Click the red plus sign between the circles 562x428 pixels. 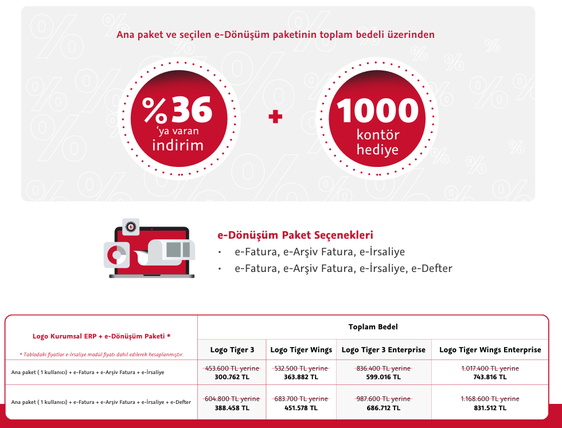(275, 116)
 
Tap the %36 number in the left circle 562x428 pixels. (177, 110)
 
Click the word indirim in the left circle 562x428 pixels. (178, 145)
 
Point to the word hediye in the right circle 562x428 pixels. (377, 149)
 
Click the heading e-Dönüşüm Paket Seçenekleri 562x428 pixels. (295, 235)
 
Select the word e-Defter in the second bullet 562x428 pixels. (431, 268)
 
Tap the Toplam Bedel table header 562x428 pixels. (373, 326)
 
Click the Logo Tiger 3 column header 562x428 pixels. (232, 350)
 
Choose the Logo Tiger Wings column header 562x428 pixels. (301, 350)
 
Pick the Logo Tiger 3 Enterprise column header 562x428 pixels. (384, 350)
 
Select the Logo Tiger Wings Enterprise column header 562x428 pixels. (490, 350)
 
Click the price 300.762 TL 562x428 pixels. (232, 377)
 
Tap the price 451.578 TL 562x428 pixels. (301, 408)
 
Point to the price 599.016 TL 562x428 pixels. (384, 377)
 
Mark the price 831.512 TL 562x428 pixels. (490, 408)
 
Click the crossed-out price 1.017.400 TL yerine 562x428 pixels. (490, 368)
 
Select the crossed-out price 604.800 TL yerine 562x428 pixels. (232, 399)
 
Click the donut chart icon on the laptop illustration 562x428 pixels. (116, 255)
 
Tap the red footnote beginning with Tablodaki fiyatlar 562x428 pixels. (102, 355)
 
